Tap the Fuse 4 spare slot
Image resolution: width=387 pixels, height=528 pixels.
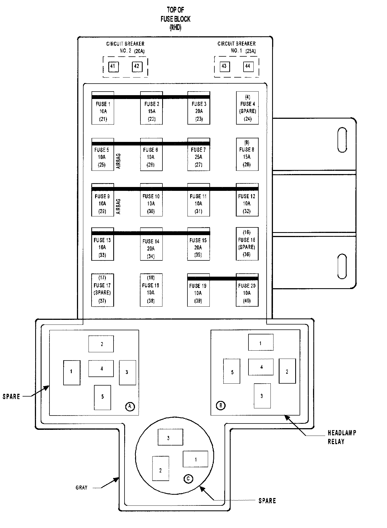247,108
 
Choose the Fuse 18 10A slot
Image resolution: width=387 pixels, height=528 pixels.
151,290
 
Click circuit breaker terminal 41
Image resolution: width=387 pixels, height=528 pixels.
113,67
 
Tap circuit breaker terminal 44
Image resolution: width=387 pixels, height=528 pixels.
248,66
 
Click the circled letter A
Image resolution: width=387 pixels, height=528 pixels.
130,406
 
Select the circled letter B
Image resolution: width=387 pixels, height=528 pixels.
220,405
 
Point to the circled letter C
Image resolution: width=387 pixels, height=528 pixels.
188,479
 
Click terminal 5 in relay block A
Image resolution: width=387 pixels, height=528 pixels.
103,397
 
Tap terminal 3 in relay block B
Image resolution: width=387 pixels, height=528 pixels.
262,396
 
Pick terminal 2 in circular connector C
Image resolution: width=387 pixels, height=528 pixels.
161,471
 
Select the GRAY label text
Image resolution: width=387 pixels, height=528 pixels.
81,488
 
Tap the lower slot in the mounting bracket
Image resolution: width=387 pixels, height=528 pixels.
342,266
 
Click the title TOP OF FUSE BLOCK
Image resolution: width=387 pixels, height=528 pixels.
176,19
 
